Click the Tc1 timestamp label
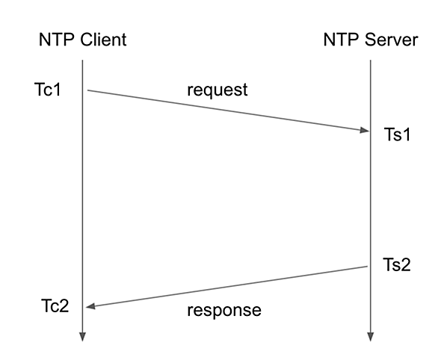tap(48, 90)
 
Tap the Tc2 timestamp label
tap(55, 305)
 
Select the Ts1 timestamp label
tap(397, 134)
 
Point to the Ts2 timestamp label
tap(397, 264)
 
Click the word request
tap(218, 90)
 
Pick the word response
tap(224, 310)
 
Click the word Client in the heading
tap(103, 40)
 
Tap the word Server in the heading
tap(392, 40)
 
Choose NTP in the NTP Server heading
tap(342, 40)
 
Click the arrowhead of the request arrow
tap(365, 130)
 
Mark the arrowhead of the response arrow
tap(90, 306)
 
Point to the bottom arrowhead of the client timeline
tap(82, 337)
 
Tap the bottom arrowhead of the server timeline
tap(371, 337)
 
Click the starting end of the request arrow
tap(87, 90)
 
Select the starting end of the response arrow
tap(367, 267)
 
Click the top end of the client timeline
tap(82, 60)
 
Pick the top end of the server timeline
tap(371, 60)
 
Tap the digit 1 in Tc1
tap(57, 90)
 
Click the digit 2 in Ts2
tap(406, 264)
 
